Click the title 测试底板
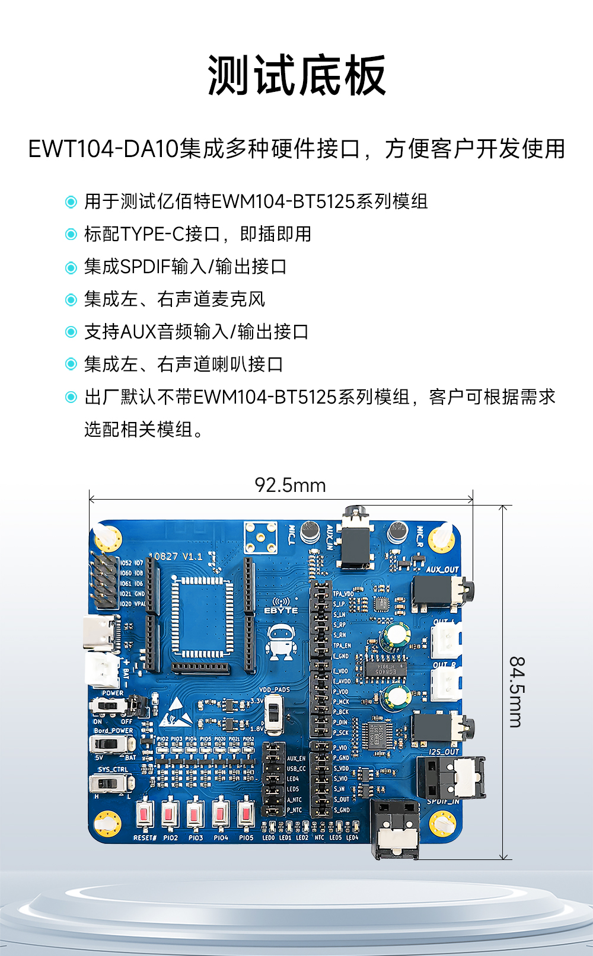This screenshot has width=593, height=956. pyautogui.click(x=296, y=76)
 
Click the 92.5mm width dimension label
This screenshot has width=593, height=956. pyautogui.click(x=290, y=485)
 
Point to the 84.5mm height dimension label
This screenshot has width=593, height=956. pyautogui.click(x=517, y=692)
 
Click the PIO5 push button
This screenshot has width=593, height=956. pyautogui.click(x=246, y=814)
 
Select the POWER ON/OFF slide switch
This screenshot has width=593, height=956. pyautogui.click(x=109, y=705)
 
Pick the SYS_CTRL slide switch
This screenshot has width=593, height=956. pyautogui.click(x=110, y=784)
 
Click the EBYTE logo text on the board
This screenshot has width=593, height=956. pyautogui.click(x=281, y=610)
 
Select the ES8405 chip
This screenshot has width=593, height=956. pyautogui.click(x=385, y=668)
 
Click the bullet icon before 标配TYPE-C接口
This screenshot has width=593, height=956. pyautogui.click(x=71, y=235)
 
